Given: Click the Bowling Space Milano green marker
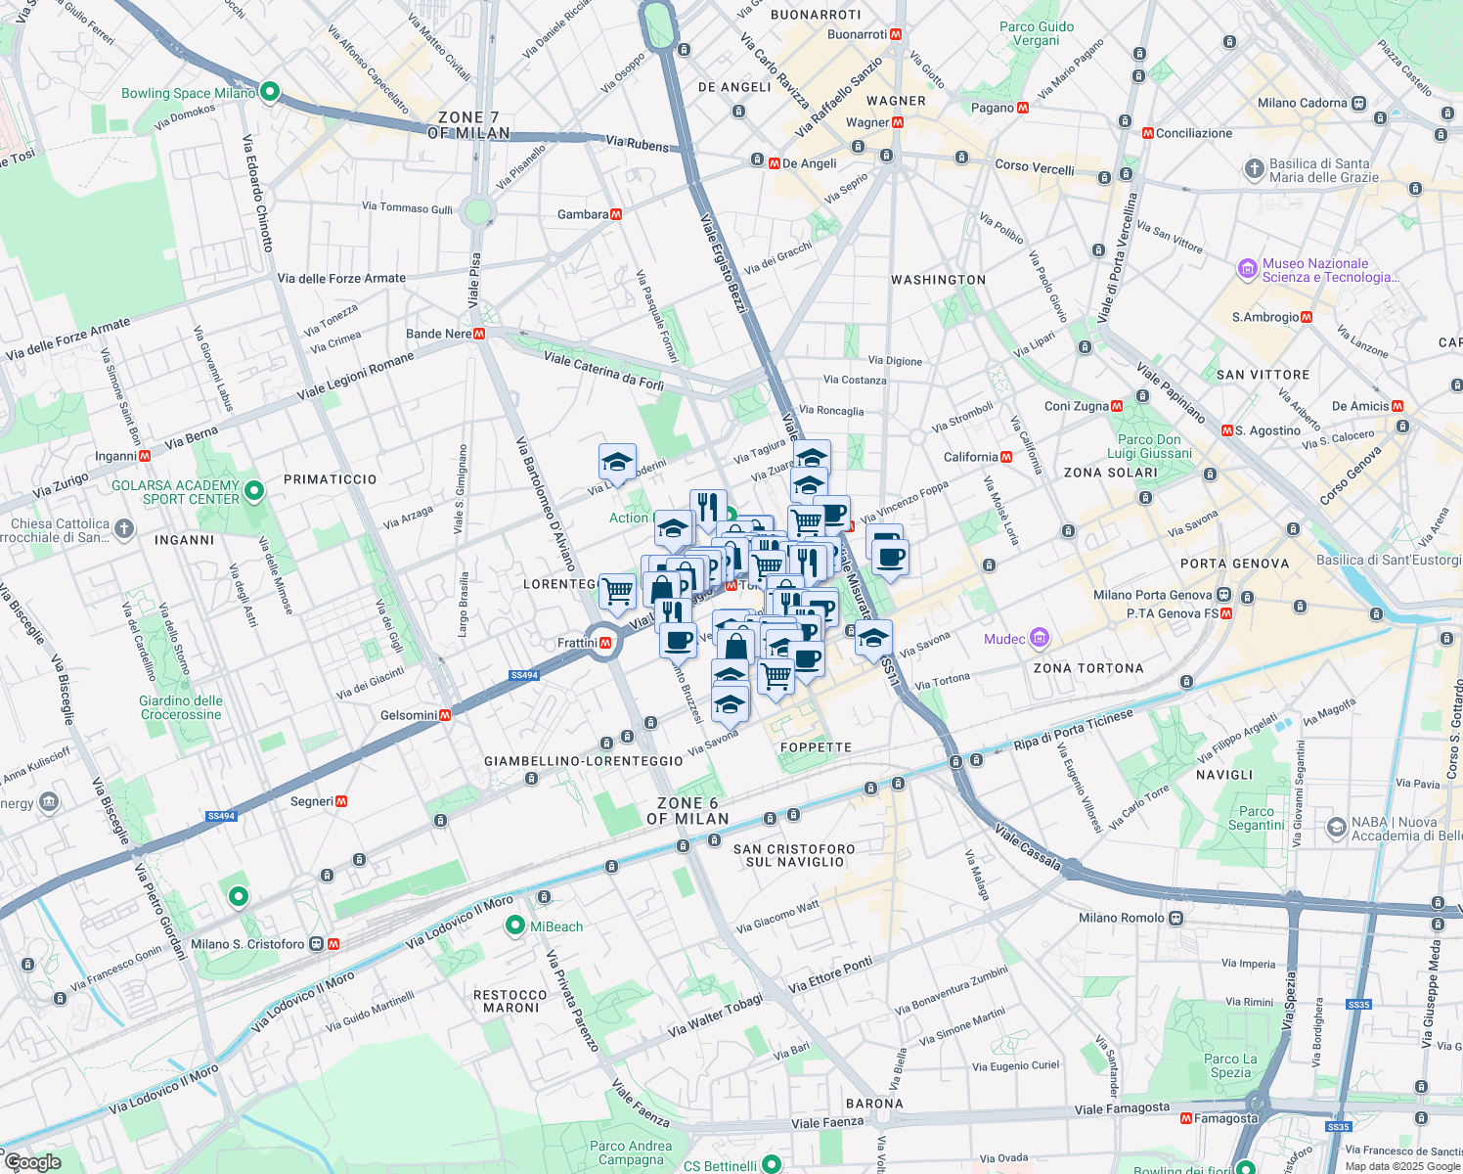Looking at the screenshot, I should click(x=270, y=93).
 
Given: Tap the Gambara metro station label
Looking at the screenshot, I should click(x=583, y=214).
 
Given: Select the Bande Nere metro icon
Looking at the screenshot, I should click(x=479, y=334).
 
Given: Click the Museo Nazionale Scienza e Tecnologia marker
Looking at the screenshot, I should click(x=1247, y=269).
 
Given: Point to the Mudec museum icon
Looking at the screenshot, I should click(x=1040, y=639).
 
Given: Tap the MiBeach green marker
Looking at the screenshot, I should click(x=515, y=926).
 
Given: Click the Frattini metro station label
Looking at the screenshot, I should click(x=577, y=643).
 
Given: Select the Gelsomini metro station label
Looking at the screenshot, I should click(x=409, y=715).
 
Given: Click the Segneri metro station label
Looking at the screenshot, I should click(x=312, y=801).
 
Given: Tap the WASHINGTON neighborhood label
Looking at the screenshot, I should click(x=938, y=280).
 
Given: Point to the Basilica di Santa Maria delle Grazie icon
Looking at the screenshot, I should click(x=1254, y=169).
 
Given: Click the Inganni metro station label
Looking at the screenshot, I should click(x=115, y=456).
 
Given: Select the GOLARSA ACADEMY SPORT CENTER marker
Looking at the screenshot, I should click(x=254, y=491).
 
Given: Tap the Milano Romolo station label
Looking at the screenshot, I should click(x=1122, y=918).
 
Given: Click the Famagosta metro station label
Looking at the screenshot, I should click(x=1225, y=1118).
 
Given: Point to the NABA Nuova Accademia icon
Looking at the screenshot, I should click(x=1336, y=828).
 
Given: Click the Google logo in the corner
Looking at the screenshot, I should click(x=33, y=1161).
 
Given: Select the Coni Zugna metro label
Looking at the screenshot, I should click(x=1077, y=406).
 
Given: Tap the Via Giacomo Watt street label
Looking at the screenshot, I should click(x=777, y=917).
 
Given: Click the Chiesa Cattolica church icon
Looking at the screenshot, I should click(x=123, y=529).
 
